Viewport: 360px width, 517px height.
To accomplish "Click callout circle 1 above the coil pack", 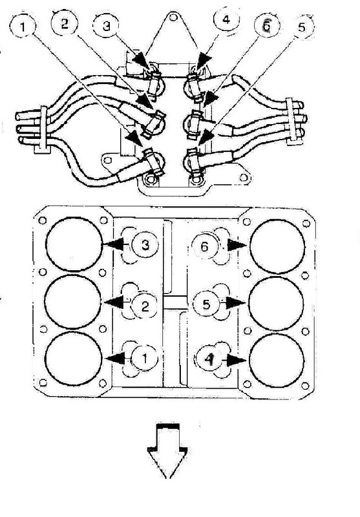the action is click(22, 26).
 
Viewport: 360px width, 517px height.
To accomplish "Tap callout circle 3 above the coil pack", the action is click(106, 26).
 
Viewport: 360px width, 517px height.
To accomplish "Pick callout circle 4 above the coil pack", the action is click(226, 19).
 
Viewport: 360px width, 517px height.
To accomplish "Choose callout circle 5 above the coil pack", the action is click(302, 27).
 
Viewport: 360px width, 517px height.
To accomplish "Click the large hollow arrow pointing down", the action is click(168, 450).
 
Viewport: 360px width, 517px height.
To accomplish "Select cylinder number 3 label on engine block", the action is click(145, 245).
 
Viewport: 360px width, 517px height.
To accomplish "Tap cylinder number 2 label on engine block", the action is click(144, 306).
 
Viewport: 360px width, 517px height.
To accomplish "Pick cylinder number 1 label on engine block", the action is click(145, 358).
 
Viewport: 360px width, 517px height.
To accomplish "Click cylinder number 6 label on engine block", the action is click(205, 246).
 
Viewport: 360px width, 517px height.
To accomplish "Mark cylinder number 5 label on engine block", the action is click(206, 304).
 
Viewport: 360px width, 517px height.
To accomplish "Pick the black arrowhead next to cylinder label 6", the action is click(237, 246).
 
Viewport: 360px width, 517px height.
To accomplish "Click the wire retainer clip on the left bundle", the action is click(43, 130).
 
